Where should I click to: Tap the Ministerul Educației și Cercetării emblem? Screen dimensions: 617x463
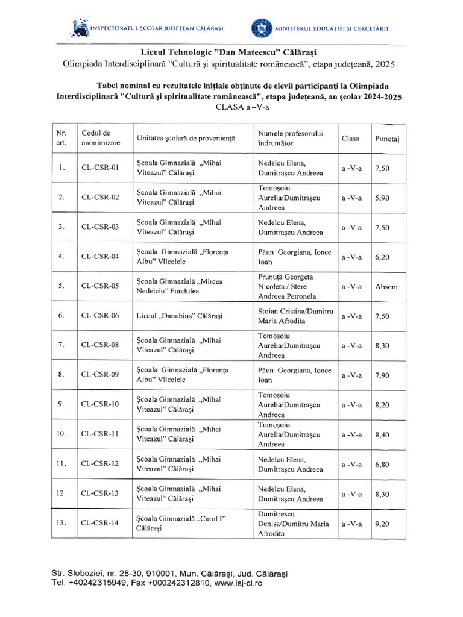(260, 28)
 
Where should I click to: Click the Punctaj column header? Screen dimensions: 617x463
(387, 138)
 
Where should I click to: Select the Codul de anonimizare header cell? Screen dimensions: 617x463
(101, 138)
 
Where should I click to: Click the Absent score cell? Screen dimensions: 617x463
(387, 287)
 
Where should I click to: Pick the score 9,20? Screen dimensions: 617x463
(382, 524)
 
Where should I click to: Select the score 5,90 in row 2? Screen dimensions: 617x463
(382, 198)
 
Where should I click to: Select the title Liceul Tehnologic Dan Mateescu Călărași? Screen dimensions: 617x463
(231, 49)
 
